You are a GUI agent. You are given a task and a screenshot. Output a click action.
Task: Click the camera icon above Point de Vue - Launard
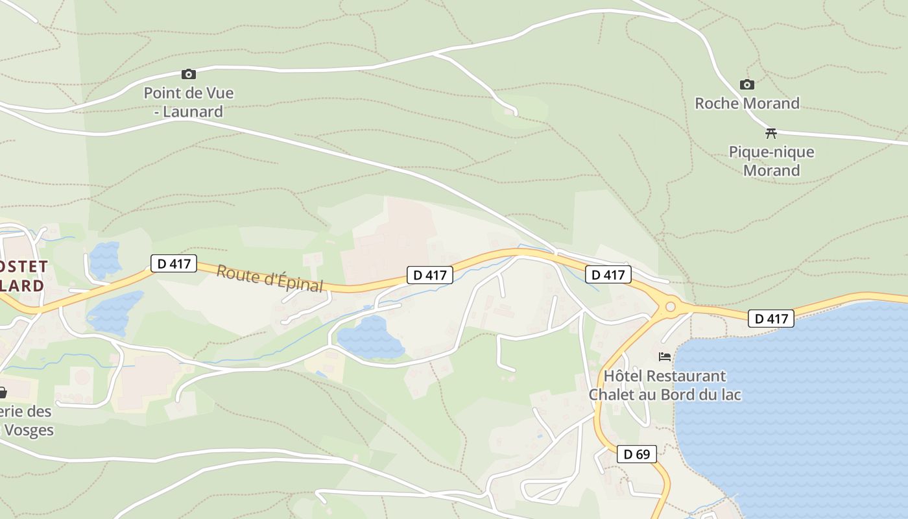pos(189,75)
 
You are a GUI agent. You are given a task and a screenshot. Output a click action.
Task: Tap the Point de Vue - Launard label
pos(189,103)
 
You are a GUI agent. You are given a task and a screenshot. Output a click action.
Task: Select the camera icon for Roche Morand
pos(747,85)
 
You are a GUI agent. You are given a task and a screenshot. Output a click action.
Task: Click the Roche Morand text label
pos(747,103)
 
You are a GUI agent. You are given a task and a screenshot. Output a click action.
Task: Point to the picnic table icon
pos(771,134)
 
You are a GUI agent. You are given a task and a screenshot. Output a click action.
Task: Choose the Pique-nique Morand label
pos(771,161)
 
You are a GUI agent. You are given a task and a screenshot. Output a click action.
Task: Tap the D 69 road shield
pos(636,454)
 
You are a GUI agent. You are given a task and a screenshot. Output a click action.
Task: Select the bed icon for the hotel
pos(665,356)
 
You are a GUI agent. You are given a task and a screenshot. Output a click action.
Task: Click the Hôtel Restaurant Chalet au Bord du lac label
pos(665,385)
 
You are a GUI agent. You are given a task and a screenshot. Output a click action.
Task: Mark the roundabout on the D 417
pos(671,306)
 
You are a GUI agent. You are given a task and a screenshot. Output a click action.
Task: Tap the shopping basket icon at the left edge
pos(2,392)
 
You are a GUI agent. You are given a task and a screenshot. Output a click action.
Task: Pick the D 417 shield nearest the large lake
pos(771,319)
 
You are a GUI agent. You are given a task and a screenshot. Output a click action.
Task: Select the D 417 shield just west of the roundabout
pos(608,275)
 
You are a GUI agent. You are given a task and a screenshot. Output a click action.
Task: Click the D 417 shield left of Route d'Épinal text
pos(173,263)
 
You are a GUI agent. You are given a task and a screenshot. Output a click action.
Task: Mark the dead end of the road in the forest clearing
pos(516,114)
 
